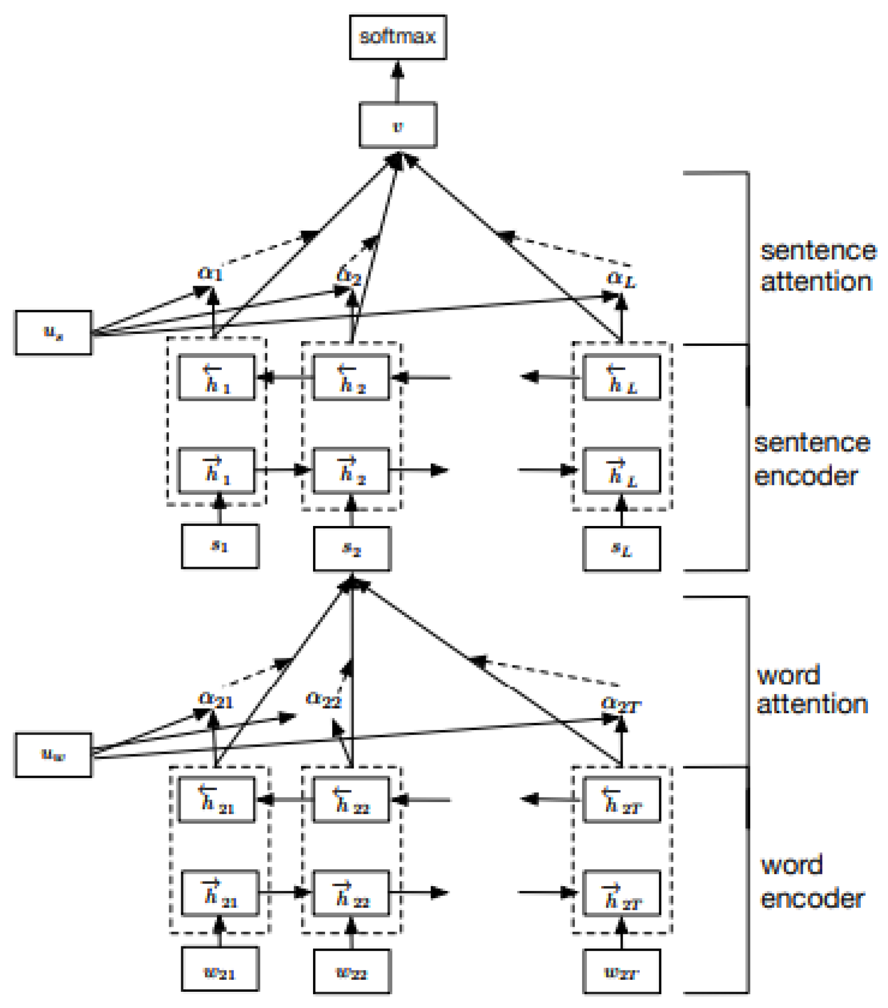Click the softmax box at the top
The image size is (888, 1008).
(398, 37)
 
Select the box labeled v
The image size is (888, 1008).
(398, 125)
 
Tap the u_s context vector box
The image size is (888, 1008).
(53, 332)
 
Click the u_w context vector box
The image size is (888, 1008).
(53, 754)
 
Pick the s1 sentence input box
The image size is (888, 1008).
(220, 546)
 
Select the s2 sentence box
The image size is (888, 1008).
(352, 549)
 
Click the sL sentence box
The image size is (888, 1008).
(622, 549)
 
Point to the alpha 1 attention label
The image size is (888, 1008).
(210, 273)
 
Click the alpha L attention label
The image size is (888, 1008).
(621, 279)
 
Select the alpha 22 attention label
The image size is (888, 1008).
(324, 699)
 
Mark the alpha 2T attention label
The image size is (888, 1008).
(621, 704)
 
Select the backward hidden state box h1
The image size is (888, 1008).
(217, 377)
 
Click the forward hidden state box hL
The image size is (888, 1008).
(622, 471)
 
